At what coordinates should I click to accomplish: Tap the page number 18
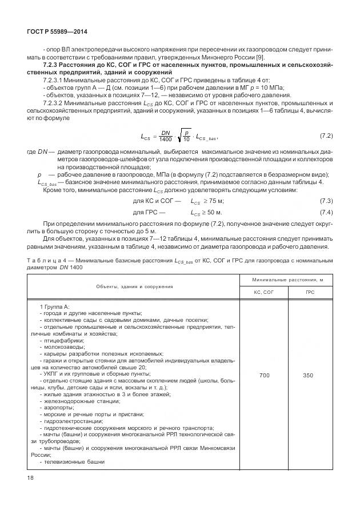tap(30, 477)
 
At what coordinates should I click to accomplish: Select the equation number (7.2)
tap(326, 152)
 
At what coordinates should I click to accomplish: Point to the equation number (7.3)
tap(326, 201)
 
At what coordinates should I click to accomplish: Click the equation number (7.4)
tap(326, 212)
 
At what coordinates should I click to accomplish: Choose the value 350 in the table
tap(310, 376)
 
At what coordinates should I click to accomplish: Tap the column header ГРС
tap(310, 291)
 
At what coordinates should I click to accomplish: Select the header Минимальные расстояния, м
tap(286, 279)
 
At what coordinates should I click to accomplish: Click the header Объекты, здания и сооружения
tap(134, 285)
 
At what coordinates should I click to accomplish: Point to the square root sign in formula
tap(179, 152)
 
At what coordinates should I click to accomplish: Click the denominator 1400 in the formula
tap(166, 156)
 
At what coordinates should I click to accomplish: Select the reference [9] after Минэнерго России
tap(259, 59)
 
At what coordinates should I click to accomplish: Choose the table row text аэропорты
tap(60, 407)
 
